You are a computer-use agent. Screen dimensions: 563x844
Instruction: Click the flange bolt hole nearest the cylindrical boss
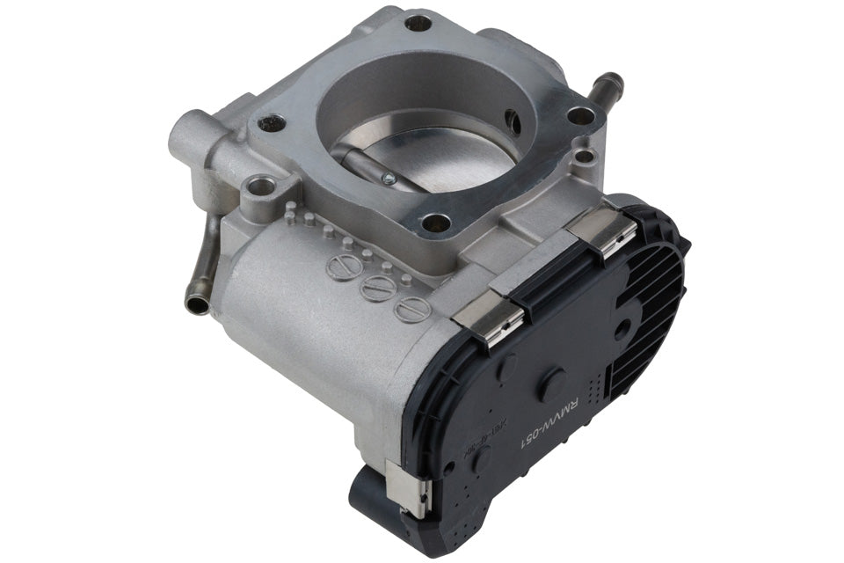(272, 124)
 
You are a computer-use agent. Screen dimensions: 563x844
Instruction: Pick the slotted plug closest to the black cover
(411, 309)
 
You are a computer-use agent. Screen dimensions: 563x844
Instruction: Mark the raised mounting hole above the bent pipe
(258, 187)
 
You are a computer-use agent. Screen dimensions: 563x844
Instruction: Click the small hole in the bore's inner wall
(514, 124)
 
